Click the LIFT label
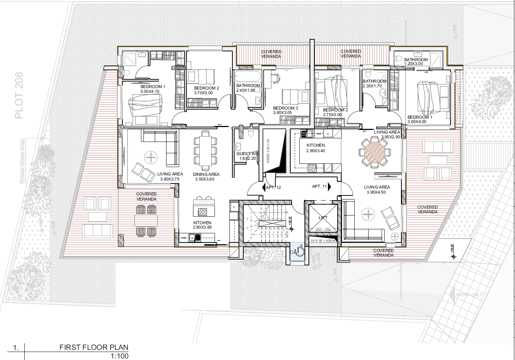click(x=323, y=218)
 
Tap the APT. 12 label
click(x=274, y=187)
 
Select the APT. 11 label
click(x=319, y=186)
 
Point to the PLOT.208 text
click(x=19, y=95)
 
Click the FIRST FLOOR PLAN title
click(x=94, y=347)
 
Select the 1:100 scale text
click(x=119, y=356)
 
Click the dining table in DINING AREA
click(x=205, y=151)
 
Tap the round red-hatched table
click(x=375, y=152)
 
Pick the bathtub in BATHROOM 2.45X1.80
click(x=248, y=76)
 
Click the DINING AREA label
click(x=206, y=174)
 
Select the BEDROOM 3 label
click(x=286, y=108)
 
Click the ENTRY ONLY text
click(x=469, y=295)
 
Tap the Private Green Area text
click(x=23, y=161)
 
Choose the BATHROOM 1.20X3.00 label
click(x=416, y=60)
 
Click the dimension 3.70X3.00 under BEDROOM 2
click(x=203, y=93)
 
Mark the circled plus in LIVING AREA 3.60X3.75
click(x=151, y=157)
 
